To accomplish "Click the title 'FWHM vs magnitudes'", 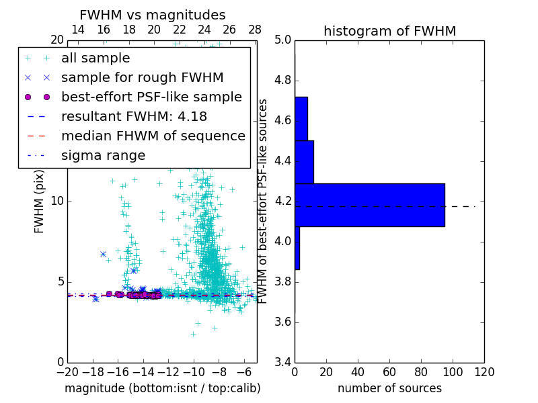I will point(153,15).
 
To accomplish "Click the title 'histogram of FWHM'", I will point(389,31).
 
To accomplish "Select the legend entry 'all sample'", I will point(95,58).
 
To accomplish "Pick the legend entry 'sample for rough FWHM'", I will point(142,77).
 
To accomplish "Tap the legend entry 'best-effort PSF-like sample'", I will point(151,97).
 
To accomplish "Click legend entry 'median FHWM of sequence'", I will point(153,136).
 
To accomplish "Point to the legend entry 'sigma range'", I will point(103,155).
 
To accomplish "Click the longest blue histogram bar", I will point(370,205).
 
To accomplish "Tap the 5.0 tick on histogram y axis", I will point(283,40).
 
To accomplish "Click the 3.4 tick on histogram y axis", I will point(283,362).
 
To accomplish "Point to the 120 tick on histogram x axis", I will point(484,371).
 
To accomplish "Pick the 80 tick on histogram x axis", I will point(421,371).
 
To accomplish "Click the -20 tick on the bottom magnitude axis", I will point(67,371).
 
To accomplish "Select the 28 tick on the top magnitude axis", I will point(255,30).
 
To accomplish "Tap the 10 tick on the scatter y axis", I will point(56,201).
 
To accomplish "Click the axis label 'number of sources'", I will point(389,388).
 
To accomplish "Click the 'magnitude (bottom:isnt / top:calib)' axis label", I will point(162,388).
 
